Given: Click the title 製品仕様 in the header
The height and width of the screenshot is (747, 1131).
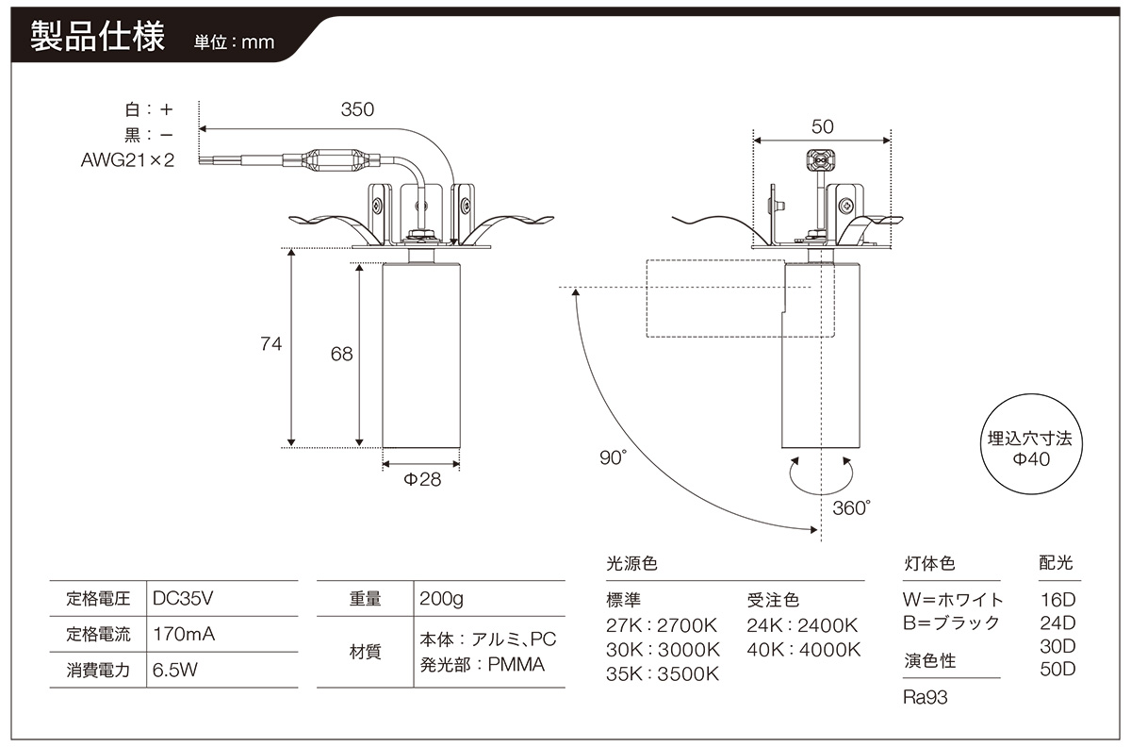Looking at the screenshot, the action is point(97,37).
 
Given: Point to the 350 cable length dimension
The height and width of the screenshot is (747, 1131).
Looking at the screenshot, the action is point(357,109).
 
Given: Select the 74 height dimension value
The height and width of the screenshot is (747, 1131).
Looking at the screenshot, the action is point(270,344).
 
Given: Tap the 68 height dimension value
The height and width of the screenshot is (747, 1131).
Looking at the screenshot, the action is point(341,355).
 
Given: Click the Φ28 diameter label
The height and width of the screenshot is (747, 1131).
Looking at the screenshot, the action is point(422,479).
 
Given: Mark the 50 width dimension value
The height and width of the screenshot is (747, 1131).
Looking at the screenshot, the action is point(822,127).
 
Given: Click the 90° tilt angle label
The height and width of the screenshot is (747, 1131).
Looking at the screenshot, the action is point(613,457).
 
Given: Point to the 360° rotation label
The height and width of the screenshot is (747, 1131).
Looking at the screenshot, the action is point(851,508).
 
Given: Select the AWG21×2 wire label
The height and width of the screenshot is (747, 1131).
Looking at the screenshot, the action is point(127,160).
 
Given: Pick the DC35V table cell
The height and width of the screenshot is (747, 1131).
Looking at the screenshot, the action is point(183,598).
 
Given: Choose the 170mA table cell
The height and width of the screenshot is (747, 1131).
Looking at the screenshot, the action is point(184,634).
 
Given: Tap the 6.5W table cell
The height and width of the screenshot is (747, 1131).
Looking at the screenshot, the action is point(174,670).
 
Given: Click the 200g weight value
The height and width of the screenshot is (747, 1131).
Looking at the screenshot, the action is point(441,599).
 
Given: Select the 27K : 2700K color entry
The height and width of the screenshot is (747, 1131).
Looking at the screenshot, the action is point(662,625).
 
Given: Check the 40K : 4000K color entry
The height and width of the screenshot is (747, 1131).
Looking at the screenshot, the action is point(804,650).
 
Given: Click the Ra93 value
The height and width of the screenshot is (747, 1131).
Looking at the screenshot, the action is point(925,697).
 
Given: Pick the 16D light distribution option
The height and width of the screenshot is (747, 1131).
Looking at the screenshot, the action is point(1057,600).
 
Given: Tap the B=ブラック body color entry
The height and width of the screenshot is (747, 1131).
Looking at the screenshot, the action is point(951,623).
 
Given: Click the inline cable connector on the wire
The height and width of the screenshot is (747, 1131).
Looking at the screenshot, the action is point(331,159).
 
